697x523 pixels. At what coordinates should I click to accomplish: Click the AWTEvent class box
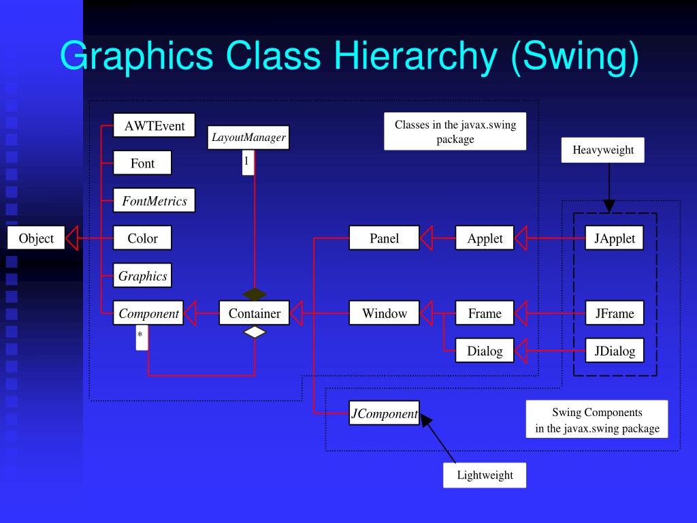pyautogui.click(x=154, y=125)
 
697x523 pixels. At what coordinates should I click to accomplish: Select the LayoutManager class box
pyautogui.click(x=248, y=138)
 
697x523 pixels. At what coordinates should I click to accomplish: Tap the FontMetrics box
pyautogui.click(x=155, y=201)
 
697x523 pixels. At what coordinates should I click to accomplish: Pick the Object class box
pyautogui.click(x=36, y=238)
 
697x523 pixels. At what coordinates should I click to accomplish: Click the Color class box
pyautogui.click(x=142, y=238)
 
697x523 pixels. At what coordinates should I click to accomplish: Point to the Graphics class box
pyautogui.click(x=142, y=276)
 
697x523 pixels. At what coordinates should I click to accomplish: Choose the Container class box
pyautogui.click(x=254, y=313)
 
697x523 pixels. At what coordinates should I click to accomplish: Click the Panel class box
pyautogui.click(x=384, y=238)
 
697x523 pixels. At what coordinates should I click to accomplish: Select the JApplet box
pyautogui.click(x=614, y=238)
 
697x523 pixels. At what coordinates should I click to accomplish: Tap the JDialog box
pyautogui.click(x=614, y=351)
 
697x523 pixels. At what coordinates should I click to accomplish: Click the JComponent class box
pyautogui.click(x=384, y=413)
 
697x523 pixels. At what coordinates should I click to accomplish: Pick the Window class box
pyautogui.click(x=384, y=313)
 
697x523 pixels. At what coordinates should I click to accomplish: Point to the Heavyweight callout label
pyautogui.click(x=602, y=150)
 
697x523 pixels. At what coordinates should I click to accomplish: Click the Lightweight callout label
pyautogui.click(x=485, y=475)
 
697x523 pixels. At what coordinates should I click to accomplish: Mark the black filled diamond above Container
pyautogui.click(x=255, y=294)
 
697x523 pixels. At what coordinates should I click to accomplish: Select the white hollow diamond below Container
pyautogui.click(x=255, y=332)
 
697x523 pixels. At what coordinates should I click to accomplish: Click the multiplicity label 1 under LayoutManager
pyautogui.click(x=247, y=162)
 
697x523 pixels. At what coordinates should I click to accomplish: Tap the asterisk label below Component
pyautogui.click(x=141, y=336)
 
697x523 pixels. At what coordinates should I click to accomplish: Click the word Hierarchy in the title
pyautogui.click(x=414, y=56)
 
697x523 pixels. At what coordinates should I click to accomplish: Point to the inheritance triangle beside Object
pyautogui.click(x=73, y=238)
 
